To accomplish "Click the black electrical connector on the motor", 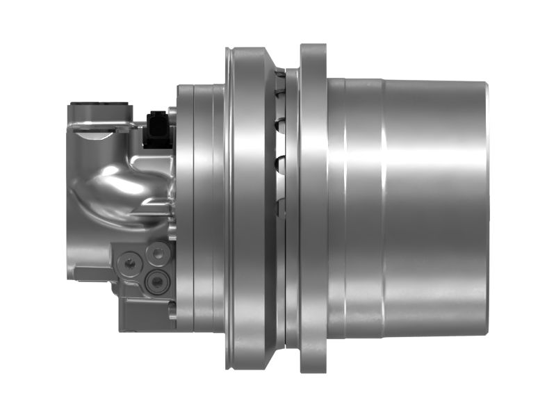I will [x=158, y=129].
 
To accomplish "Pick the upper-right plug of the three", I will [x=161, y=254].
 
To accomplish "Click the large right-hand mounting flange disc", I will [x=313, y=208].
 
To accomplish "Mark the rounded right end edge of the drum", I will [x=485, y=208].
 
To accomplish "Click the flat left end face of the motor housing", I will [x=70, y=208].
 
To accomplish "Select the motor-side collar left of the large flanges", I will [x=198, y=208].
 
